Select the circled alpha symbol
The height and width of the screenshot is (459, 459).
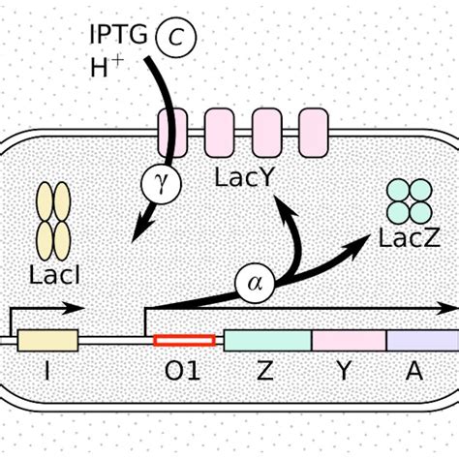[x=255, y=283]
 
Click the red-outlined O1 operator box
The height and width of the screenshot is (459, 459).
[x=184, y=340]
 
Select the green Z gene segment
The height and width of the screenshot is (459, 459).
[x=267, y=340]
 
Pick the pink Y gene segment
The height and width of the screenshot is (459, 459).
[x=349, y=340]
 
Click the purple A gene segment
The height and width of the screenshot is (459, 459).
[x=422, y=340]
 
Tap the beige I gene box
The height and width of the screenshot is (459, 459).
[x=47, y=340]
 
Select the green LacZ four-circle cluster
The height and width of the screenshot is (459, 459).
[x=409, y=200]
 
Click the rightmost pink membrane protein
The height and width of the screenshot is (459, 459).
[x=313, y=131]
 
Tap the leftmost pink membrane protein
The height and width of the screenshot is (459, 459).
[x=172, y=131]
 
